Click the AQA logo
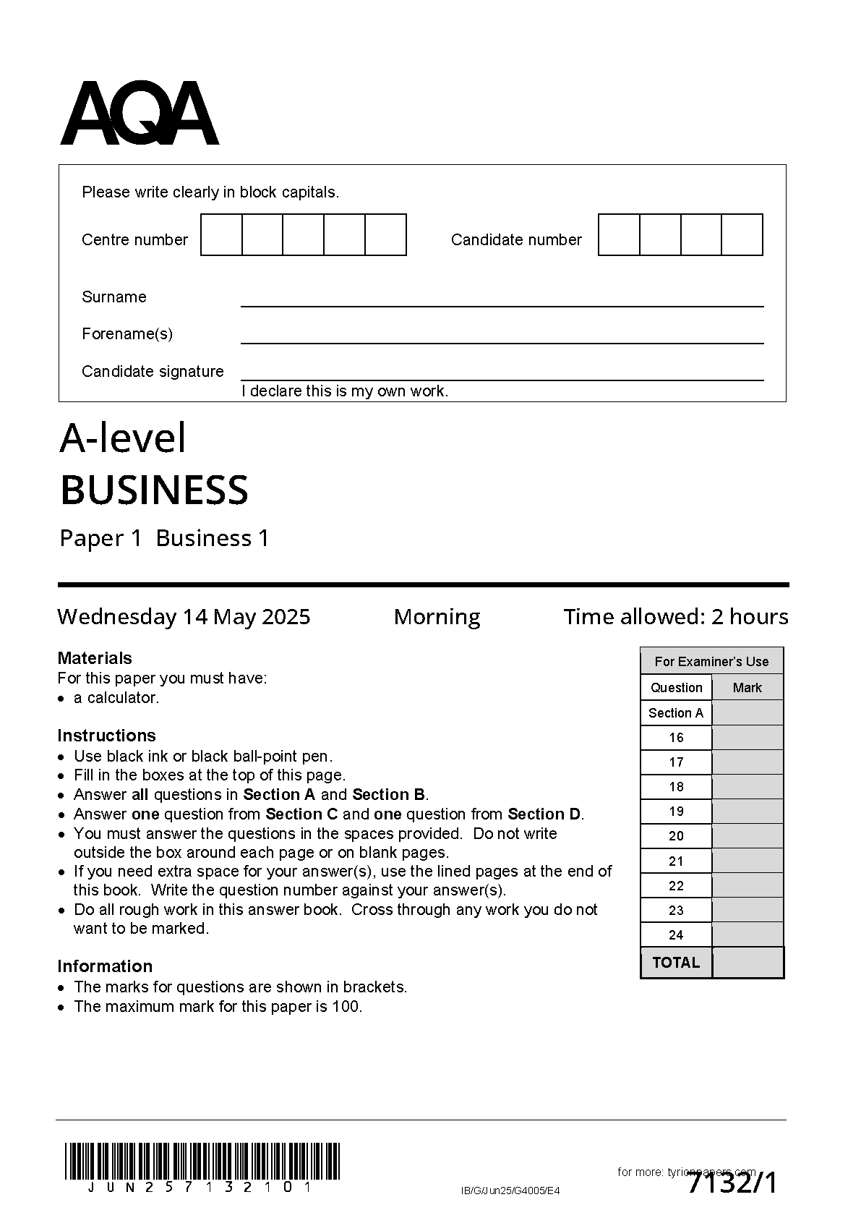139,114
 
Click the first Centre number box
221,235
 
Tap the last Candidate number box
742,235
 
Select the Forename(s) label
127,334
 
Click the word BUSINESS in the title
154,490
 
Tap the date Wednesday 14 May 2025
184,617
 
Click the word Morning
437,617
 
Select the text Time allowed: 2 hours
676,617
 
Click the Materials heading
95,658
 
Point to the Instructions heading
106,736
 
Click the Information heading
105,966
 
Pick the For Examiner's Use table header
711,662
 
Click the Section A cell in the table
676,713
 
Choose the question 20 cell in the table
676,836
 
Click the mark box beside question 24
748,934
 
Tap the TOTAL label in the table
676,963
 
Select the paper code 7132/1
732,1184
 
